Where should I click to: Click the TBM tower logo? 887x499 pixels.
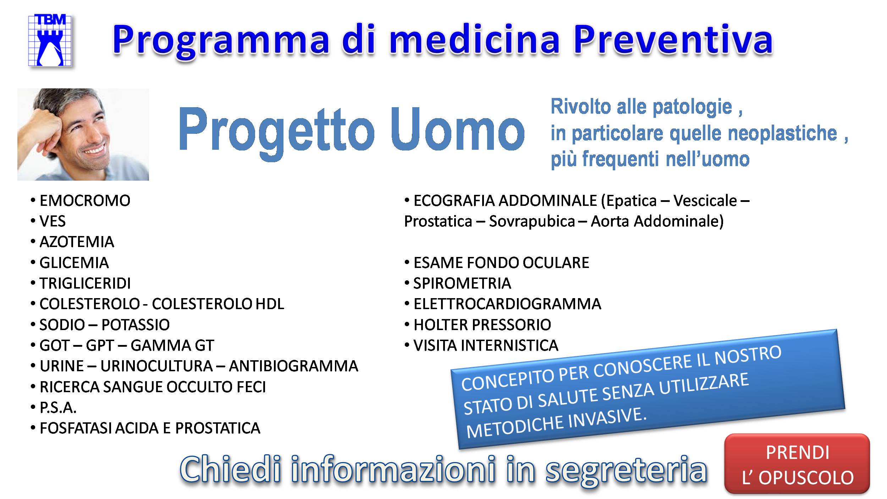point(50,40)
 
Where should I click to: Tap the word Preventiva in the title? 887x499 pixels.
point(673,39)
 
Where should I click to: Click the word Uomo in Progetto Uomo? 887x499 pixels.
point(457,130)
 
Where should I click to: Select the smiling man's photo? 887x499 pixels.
point(83,135)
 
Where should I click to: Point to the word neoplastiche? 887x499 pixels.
point(782,133)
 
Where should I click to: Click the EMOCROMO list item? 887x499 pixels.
point(85,201)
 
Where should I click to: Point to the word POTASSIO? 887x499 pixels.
point(136,325)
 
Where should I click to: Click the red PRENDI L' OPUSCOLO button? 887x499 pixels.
point(797,464)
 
